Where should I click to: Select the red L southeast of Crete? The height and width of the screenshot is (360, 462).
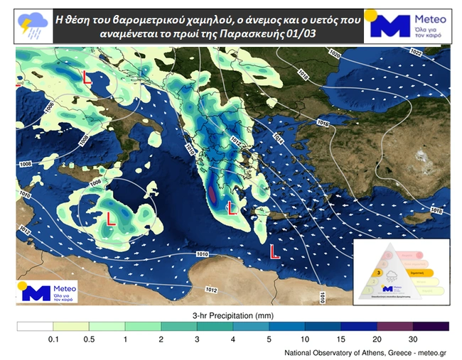point(274,251)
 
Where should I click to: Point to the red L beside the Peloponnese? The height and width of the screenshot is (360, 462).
point(230,207)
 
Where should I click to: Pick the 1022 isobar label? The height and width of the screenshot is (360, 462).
point(417,53)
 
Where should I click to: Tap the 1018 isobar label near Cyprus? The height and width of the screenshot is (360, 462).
point(436,211)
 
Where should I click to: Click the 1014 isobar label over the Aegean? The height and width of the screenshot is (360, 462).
point(278,141)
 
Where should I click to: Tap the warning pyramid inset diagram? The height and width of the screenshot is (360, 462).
point(400,272)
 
